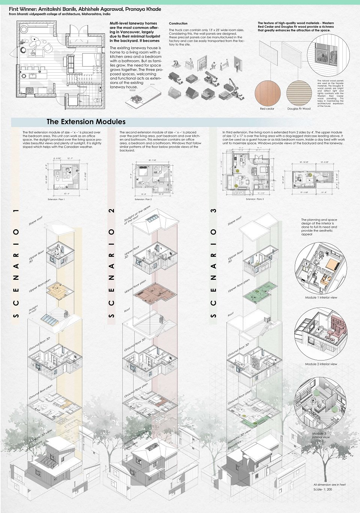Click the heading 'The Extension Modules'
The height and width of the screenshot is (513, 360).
click(86, 122)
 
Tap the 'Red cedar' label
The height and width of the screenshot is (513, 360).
click(267, 109)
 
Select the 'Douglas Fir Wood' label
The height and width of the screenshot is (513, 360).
click(299, 109)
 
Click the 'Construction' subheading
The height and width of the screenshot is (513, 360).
click(178, 24)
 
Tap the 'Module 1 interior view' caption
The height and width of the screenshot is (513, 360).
click(321, 298)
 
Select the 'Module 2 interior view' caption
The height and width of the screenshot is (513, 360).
click(321, 364)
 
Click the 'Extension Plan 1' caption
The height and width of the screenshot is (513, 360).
click(56, 199)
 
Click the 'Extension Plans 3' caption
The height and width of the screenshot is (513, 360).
click(255, 199)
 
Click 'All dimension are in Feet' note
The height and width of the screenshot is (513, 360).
click(329, 485)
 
